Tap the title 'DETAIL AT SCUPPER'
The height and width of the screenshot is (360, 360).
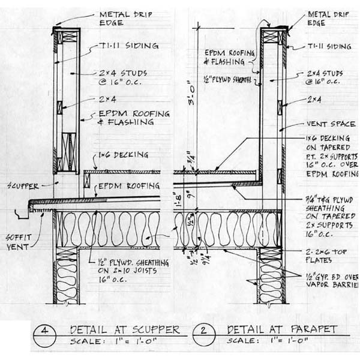pos(124,329)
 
